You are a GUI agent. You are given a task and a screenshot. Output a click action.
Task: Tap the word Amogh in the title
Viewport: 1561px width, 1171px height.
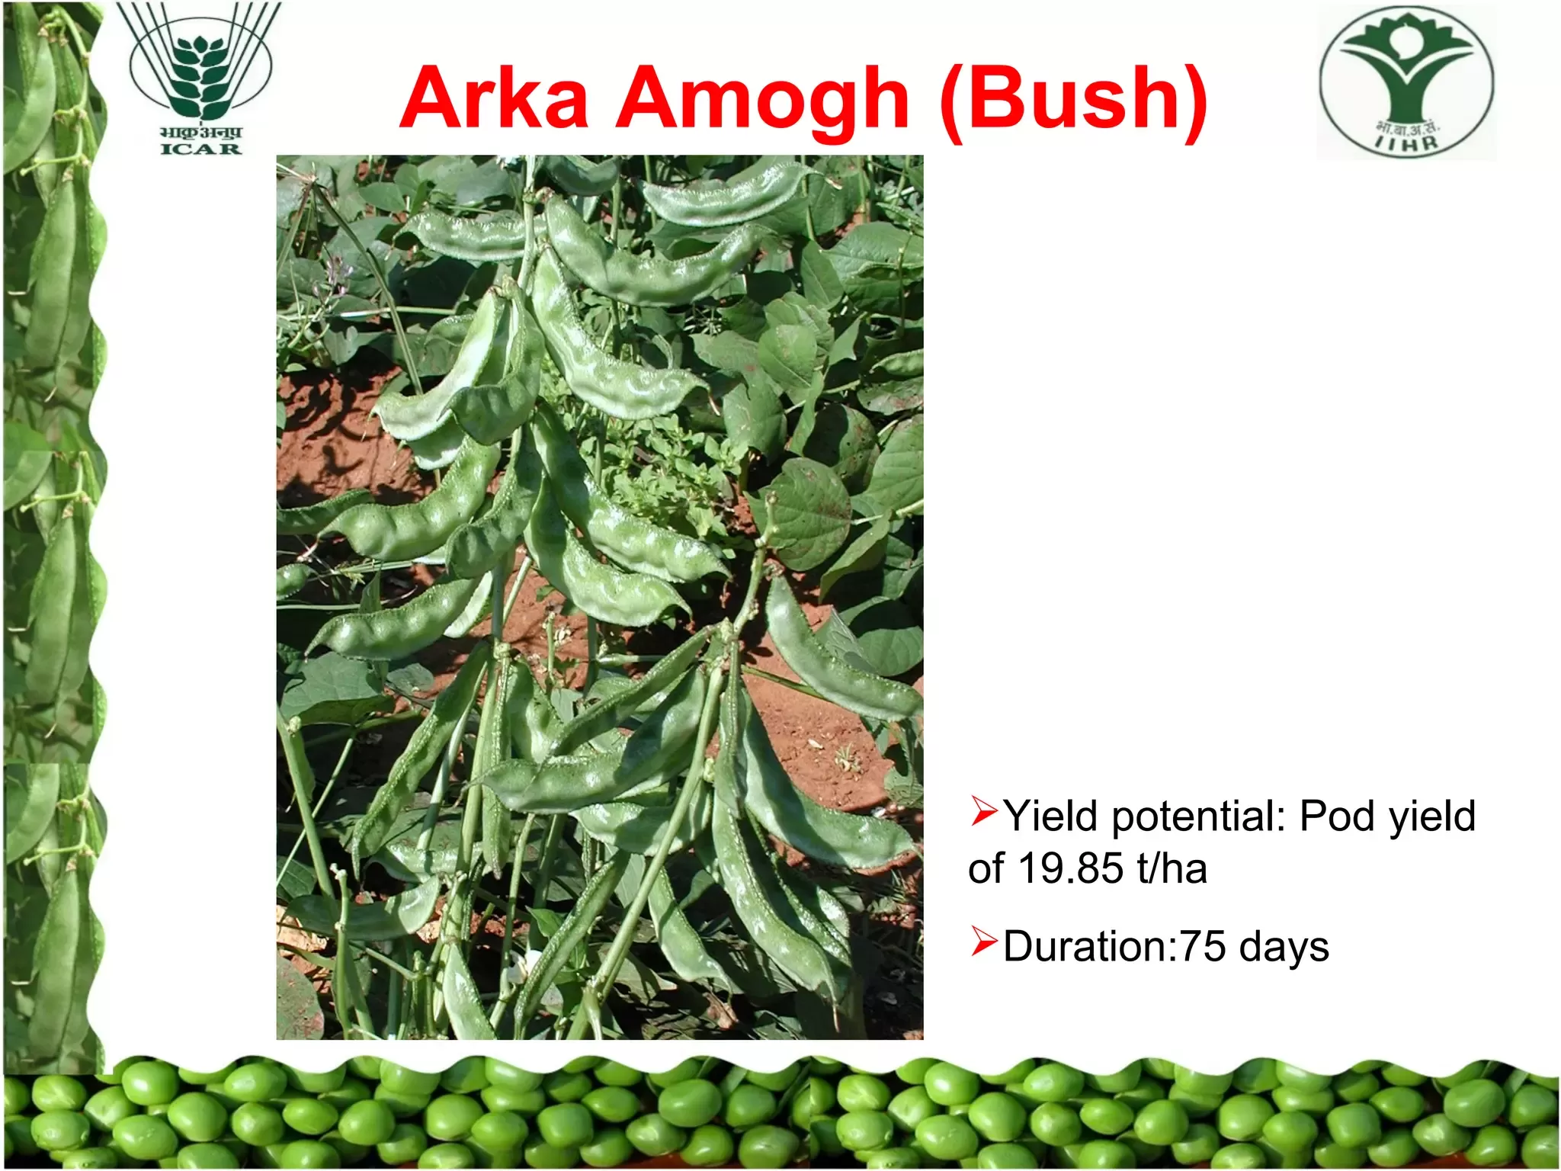point(762,103)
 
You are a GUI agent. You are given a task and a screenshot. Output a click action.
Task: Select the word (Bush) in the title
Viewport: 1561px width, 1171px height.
point(1073,101)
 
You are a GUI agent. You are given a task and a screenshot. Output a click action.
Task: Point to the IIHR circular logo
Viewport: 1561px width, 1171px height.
point(1407,82)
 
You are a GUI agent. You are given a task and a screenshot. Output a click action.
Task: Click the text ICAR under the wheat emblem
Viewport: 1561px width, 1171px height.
point(201,149)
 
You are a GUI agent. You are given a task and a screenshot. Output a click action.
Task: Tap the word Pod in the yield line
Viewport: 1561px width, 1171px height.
point(1338,816)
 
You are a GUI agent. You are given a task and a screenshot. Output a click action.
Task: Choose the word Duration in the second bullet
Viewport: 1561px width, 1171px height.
point(1085,946)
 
